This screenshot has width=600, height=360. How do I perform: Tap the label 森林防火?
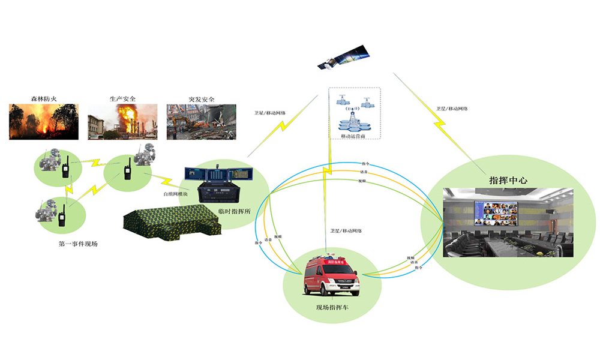43,98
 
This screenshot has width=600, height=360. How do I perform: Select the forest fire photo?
43,122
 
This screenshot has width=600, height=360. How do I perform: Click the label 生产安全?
122,98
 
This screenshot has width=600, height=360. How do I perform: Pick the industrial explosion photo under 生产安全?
122,122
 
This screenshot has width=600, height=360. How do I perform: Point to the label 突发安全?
202,98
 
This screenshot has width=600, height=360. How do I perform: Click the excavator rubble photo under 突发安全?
202,122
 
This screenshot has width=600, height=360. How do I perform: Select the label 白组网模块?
176,194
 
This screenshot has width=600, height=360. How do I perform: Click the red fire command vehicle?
331,277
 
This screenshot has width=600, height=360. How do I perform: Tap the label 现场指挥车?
332,307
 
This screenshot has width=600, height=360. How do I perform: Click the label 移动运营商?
354,136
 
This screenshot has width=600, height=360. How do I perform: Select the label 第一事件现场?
78,244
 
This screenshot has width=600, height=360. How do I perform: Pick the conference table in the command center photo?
516,243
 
